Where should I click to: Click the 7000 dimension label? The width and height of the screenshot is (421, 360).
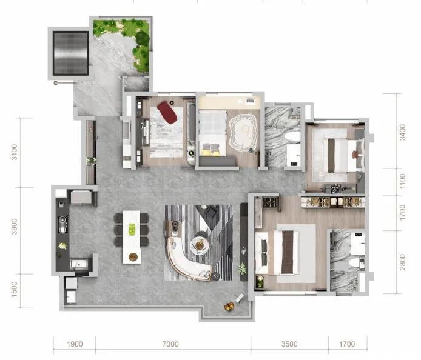click(170, 344)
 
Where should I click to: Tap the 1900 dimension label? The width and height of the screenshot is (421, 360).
click(75, 344)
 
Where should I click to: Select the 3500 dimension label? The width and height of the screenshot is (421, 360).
click(289, 344)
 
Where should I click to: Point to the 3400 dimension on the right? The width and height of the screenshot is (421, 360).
click(402, 132)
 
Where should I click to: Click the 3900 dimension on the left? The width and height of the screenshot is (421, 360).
click(14, 227)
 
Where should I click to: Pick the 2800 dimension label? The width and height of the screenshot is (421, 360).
click(402, 262)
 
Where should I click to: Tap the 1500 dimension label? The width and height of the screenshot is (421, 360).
click(14, 289)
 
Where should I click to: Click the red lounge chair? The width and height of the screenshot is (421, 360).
click(167, 112)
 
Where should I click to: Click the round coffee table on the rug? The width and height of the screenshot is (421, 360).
click(199, 245)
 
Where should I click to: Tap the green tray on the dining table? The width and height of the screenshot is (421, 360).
click(132, 230)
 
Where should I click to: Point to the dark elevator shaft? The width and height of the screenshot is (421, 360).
click(70, 53)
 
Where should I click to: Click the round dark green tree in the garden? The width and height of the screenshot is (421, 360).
click(143, 38)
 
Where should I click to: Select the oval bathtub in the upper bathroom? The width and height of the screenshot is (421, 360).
click(292, 136)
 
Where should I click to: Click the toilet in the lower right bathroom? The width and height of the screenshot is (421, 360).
click(356, 263)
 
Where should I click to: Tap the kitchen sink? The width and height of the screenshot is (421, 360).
click(79, 264)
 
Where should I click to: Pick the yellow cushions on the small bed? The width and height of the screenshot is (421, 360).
click(210, 152)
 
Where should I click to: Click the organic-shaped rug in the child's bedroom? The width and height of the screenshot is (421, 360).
click(243, 133)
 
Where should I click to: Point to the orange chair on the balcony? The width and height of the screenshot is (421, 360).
click(229, 306)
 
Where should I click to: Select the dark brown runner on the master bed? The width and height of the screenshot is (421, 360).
click(288, 252)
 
